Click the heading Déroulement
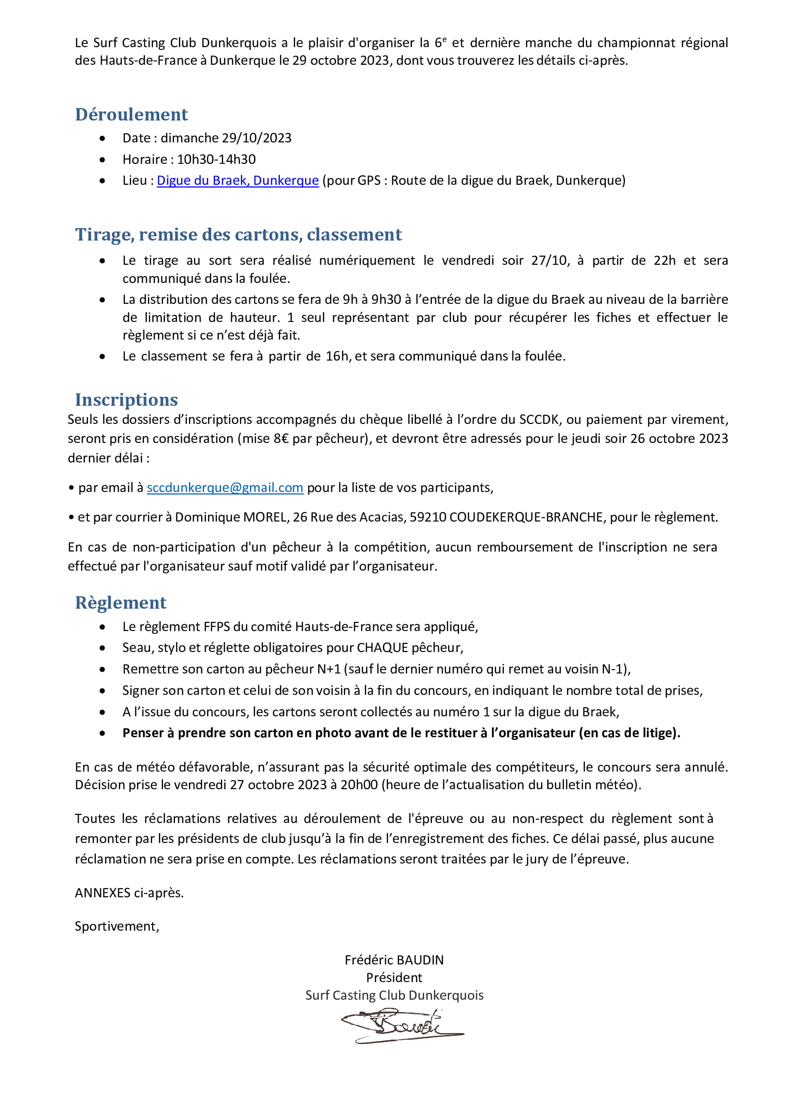(x=131, y=114)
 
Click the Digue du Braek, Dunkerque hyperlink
(x=237, y=181)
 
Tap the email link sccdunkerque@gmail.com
(x=225, y=488)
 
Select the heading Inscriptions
(x=126, y=400)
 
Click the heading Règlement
(x=121, y=602)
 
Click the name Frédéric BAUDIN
(x=394, y=960)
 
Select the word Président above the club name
(x=394, y=977)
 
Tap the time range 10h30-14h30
(x=216, y=159)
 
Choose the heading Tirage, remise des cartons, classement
(x=238, y=235)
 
